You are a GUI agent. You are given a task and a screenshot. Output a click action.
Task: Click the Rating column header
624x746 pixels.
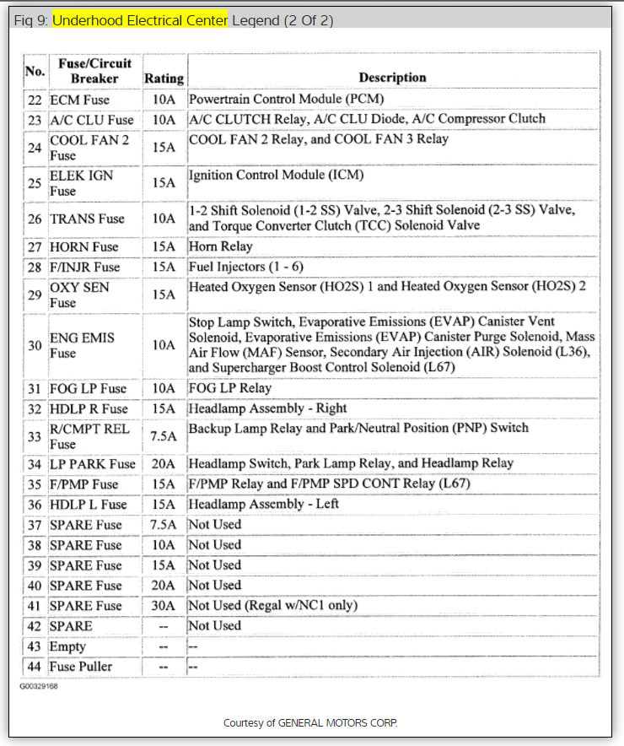[x=164, y=78]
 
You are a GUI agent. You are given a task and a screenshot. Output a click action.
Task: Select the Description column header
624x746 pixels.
[x=392, y=77]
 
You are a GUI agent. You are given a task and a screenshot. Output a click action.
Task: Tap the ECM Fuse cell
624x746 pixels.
[x=80, y=99]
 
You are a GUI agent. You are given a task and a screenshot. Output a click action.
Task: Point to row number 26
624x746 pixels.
[x=34, y=219]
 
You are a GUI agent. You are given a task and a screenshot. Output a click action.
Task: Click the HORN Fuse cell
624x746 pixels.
[x=83, y=247]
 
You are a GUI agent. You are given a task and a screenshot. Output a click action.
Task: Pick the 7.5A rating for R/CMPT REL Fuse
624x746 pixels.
[x=164, y=436]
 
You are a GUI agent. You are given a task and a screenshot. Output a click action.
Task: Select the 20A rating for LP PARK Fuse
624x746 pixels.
[x=164, y=464]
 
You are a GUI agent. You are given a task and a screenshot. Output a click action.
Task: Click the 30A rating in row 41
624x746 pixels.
[x=164, y=606]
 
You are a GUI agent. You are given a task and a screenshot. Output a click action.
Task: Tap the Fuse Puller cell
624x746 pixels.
[x=81, y=667]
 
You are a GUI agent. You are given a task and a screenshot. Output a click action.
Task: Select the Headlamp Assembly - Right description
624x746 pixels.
[x=267, y=408]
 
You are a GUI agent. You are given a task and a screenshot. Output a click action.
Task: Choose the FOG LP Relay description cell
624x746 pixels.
[x=230, y=388]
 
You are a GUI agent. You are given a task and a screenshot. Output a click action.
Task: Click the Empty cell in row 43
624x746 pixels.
[x=68, y=646]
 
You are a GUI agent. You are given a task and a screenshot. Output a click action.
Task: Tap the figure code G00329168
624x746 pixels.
[x=40, y=686]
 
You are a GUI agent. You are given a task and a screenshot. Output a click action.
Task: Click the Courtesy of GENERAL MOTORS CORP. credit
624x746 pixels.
[x=310, y=723]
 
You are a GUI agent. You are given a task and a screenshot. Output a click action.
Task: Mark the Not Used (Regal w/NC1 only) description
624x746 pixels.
[x=272, y=605]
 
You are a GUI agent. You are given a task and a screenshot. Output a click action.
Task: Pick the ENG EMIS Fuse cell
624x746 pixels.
[x=83, y=345]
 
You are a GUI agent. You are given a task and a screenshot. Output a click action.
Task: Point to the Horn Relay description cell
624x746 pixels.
[x=221, y=246]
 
